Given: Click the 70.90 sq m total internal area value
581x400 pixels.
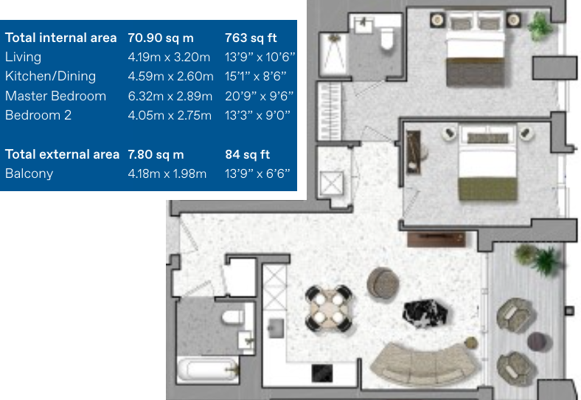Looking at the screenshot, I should [161, 38].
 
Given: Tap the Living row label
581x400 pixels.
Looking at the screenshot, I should [23, 57].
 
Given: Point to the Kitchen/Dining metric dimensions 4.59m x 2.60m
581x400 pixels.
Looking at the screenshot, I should [170, 76].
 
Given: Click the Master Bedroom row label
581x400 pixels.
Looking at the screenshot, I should [55, 96].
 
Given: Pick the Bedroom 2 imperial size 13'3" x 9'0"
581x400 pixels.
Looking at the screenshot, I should [257, 115].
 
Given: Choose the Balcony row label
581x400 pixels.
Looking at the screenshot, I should [29, 173].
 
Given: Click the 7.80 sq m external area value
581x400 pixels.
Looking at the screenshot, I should [156, 154].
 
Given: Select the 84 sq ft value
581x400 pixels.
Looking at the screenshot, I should [247, 154].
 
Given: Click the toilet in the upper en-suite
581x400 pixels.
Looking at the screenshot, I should [387, 41].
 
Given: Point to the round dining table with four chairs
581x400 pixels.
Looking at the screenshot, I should [329, 308].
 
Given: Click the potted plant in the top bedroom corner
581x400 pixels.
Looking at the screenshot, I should [540, 26].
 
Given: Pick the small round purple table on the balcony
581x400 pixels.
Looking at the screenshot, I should [538, 341].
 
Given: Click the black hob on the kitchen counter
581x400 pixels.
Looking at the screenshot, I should [322, 375].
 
